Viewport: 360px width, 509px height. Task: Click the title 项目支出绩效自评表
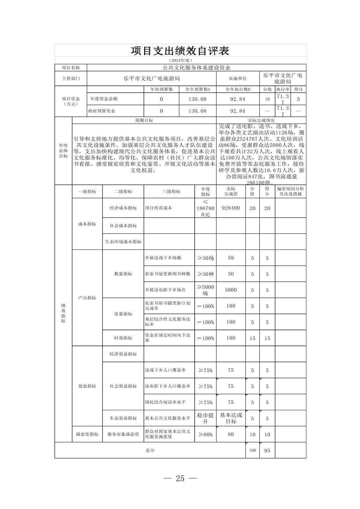[180, 51]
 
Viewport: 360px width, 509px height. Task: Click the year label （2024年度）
[180, 60]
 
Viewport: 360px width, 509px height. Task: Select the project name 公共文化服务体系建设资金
[196, 68]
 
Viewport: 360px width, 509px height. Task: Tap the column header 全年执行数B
[238, 89]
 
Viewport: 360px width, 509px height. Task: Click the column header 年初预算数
[162, 89]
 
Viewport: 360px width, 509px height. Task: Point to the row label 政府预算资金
[102, 111]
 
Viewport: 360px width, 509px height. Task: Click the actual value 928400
[231, 208]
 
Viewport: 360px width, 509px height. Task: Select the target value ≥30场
[205, 258]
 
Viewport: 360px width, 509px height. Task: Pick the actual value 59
[231, 258]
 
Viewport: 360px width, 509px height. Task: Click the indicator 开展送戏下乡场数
[163, 258]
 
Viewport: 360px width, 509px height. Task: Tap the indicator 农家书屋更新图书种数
[168, 274]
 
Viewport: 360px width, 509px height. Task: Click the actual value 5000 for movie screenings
[231, 290]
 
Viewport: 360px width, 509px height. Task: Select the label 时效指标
[123, 338]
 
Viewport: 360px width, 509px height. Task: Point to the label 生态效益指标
[123, 418]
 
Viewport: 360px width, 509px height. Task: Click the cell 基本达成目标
[231, 418]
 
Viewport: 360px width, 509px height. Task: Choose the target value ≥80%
[205, 434]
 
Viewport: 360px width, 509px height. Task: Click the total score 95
[267, 450]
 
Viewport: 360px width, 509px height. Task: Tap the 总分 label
[150, 450]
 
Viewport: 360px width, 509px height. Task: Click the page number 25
[180, 479]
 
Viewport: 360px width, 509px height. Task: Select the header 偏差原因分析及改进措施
[290, 192]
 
